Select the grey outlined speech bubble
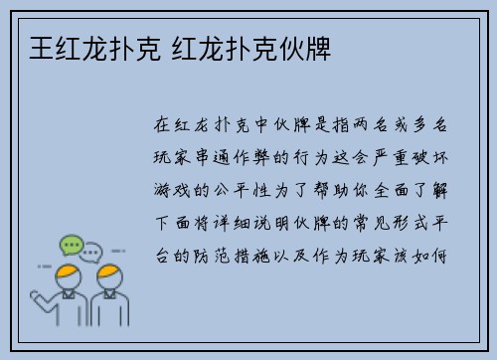(x=92, y=253)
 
